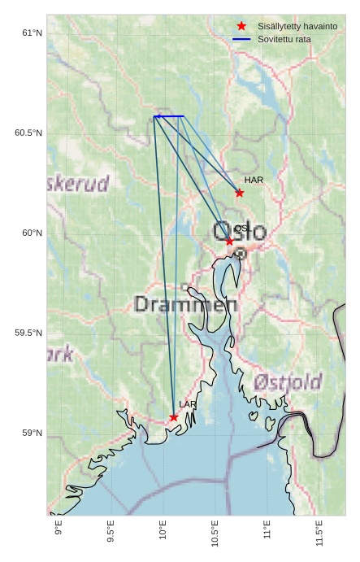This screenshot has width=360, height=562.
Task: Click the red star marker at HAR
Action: coord(239,193)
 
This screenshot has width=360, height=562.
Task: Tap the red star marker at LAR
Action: coord(174,417)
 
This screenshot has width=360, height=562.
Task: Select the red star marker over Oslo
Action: coord(229,241)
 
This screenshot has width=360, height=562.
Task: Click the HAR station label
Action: coord(254,180)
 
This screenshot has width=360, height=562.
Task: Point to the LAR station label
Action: coord(188,404)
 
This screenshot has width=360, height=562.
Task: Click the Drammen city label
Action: coord(185,305)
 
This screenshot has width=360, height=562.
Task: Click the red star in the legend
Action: coord(241,27)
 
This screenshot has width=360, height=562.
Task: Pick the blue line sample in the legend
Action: coord(241,39)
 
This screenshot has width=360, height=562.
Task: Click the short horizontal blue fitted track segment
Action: coord(168,116)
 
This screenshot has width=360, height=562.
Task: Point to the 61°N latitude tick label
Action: coord(32,33)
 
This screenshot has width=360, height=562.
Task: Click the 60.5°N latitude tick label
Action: coord(28,133)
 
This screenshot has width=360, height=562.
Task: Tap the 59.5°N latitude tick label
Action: coord(28,333)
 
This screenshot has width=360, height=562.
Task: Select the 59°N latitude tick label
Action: coord(32,433)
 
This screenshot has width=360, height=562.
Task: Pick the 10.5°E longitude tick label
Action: coord(215,534)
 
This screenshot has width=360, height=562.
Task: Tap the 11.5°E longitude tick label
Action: coord(319,534)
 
